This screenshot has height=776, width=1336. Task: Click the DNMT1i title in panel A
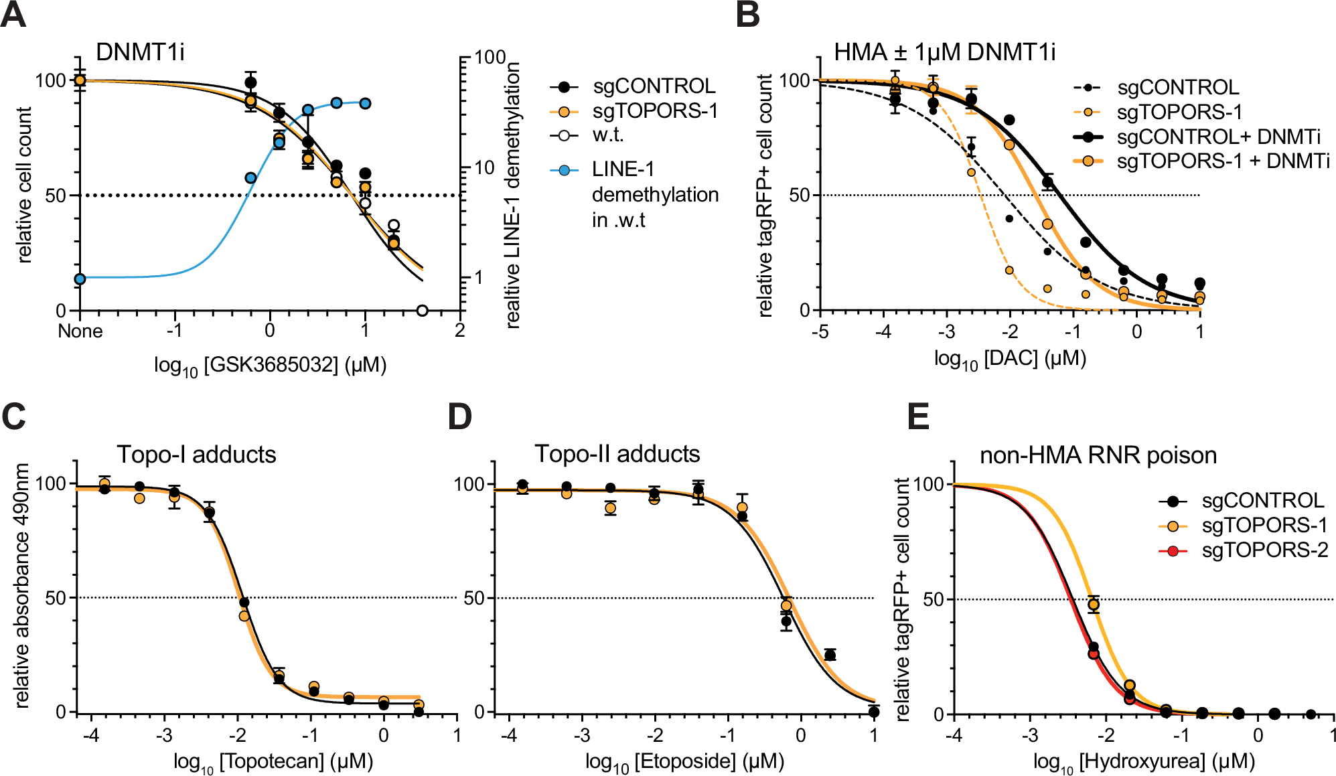point(140,52)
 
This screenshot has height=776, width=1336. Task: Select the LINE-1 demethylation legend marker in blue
point(564,170)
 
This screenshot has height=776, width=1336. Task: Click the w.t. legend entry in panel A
point(607,135)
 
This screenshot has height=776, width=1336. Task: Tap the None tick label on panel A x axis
point(80,331)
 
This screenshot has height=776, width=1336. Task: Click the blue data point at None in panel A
point(80,279)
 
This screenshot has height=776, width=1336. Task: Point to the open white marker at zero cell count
point(422,311)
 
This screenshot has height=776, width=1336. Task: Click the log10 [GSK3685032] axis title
point(270,366)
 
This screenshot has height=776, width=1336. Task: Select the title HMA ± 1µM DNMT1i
point(944,52)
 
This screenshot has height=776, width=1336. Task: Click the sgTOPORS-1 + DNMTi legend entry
point(1223,161)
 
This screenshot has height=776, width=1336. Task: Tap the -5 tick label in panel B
point(820,331)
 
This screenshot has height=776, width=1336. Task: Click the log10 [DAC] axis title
point(1010,359)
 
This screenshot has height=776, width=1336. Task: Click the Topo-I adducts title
point(196,455)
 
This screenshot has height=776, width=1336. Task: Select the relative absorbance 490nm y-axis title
point(22,586)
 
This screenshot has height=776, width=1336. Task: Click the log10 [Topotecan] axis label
point(273,762)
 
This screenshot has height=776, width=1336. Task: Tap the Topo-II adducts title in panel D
point(617,454)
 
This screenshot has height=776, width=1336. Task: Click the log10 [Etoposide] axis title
point(684,762)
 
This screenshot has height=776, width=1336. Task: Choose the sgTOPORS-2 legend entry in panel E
point(1264,550)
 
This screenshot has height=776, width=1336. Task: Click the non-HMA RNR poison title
point(1098,455)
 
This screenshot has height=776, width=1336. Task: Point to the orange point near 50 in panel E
point(1093,605)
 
